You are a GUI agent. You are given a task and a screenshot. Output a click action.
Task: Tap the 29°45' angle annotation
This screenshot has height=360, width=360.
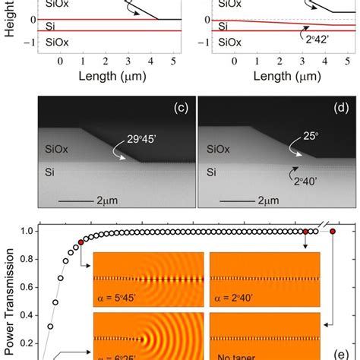(x=125, y=139)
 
